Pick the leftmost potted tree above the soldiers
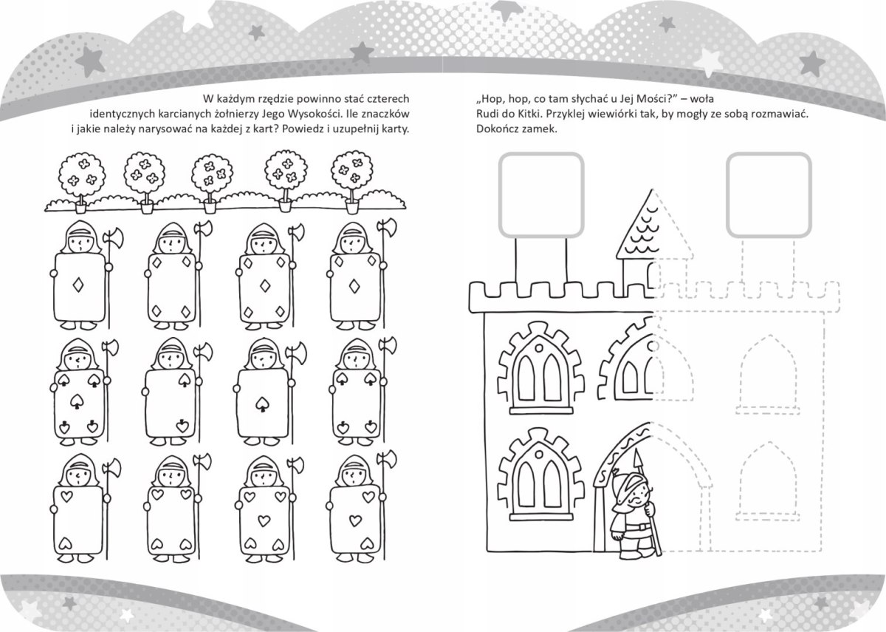point(79,177)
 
